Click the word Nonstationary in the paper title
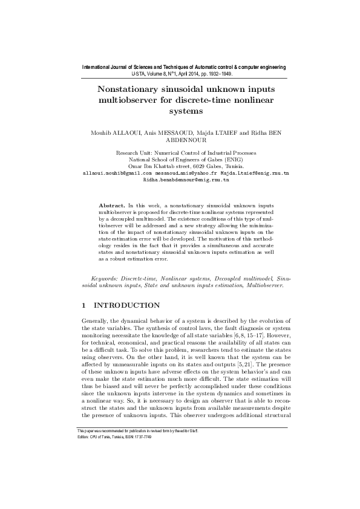129,88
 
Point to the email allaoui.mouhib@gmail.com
117,173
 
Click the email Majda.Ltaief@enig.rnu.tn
255,173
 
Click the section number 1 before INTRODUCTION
83,305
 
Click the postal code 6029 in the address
200,166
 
